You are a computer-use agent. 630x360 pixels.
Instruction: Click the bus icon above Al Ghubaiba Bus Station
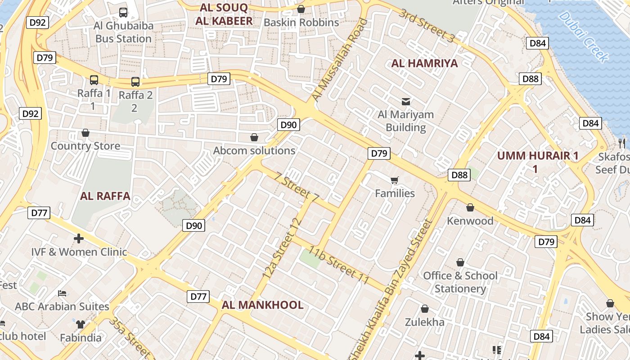[x=123, y=13]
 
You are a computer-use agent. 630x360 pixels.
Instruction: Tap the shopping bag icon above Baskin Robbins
[x=301, y=9]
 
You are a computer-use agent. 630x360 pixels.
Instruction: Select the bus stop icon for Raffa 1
[x=94, y=80]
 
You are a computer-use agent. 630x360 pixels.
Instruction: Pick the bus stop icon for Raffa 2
[x=135, y=81]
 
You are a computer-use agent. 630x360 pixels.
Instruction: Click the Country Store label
[x=85, y=146]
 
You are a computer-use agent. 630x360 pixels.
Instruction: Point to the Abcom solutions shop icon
[x=254, y=137]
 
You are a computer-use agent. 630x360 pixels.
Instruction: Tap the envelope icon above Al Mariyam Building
[x=406, y=101]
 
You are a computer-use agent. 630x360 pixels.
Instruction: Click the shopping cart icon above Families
[x=395, y=180]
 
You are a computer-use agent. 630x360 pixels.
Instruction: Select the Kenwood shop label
[x=470, y=220]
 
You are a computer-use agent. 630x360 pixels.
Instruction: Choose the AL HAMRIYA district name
[x=424, y=63]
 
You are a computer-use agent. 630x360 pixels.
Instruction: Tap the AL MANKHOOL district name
[x=262, y=305]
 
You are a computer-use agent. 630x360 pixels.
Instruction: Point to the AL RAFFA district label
[x=105, y=196]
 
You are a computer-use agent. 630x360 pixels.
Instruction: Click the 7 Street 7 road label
[x=297, y=187]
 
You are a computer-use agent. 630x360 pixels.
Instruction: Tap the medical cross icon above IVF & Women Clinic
[x=79, y=238]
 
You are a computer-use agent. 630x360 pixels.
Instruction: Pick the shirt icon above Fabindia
[x=80, y=324]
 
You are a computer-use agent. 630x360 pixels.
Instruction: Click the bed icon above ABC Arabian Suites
[x=62, y=293]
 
